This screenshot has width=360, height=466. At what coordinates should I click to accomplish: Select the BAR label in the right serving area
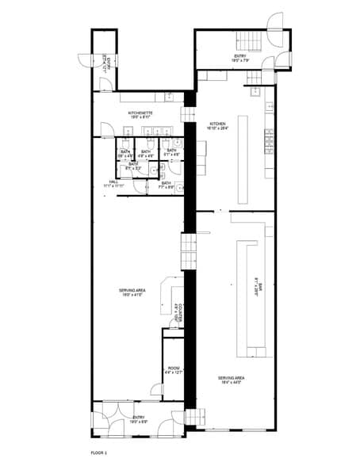257,284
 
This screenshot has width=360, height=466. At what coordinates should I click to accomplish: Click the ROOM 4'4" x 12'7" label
173,371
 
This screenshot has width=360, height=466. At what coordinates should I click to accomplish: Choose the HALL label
114,184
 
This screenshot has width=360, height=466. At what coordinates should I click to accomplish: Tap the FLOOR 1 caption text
99,452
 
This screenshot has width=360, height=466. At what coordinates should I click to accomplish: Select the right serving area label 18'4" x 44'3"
231,380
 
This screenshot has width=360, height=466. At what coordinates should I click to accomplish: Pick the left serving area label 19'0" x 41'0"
132,294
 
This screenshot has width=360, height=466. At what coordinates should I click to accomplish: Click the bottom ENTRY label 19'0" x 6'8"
139,419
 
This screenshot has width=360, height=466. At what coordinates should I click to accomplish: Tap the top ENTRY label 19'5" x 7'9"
240,58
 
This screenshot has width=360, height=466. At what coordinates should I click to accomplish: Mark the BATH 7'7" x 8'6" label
167,185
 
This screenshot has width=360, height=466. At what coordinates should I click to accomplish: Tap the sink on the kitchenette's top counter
170,97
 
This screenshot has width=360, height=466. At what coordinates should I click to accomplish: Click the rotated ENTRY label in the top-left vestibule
105,62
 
